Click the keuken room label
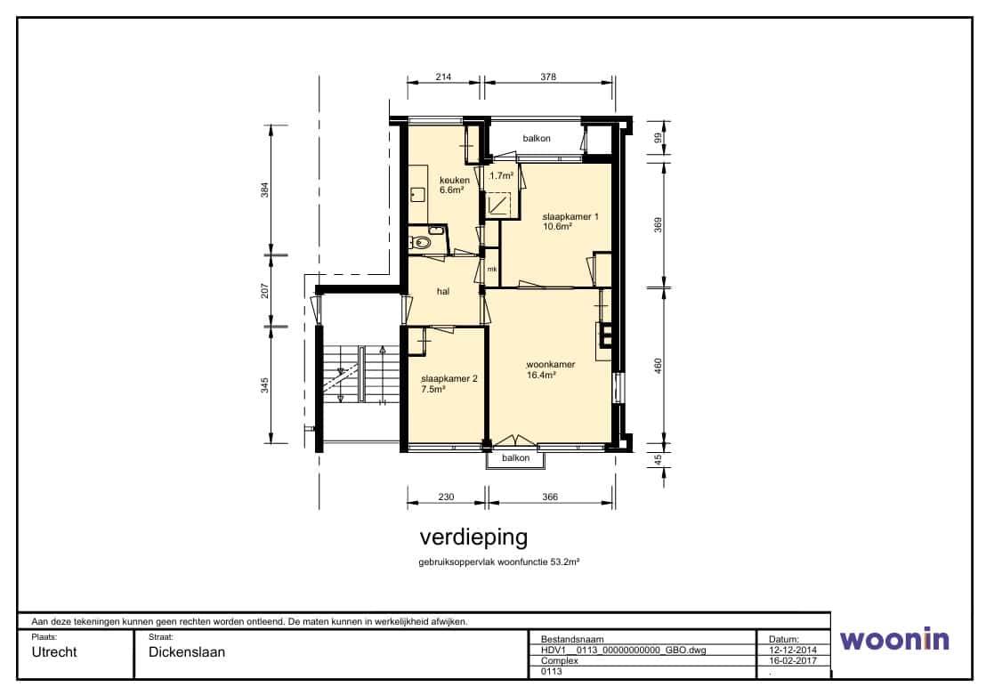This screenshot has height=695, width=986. point(454,181)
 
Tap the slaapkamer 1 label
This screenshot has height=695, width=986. point(570,217)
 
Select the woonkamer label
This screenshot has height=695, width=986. point(551,364)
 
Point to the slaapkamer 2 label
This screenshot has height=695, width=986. point(449,378)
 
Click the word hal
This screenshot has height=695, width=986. point(443,291)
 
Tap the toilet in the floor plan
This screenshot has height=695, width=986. point(422,243)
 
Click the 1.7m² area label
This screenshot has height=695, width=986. point(502,176)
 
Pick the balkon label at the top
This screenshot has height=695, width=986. point(537,138)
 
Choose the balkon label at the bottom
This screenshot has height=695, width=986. point(515,458)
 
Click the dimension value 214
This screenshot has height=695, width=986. point(443,77)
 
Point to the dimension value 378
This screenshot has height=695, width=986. point(548,77)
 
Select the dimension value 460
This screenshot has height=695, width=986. point(659,366)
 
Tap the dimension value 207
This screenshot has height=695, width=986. point(264,291)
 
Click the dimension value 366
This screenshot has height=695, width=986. point(550,497)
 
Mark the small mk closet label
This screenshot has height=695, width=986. point(492,270)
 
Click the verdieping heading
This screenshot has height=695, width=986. point(473,537)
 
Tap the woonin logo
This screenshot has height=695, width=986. point(895,639)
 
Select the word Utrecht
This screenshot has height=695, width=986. point(54,652)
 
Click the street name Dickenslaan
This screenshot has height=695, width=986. point(187,652)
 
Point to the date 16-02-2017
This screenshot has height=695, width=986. point(793,661)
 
